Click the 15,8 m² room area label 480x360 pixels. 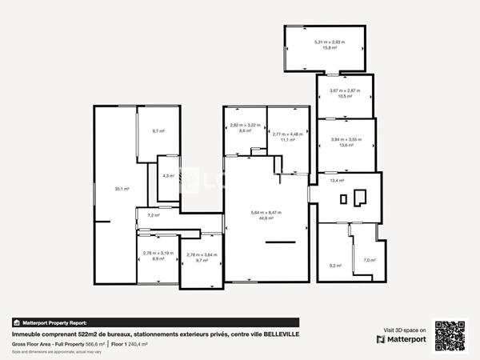click(x=325, y=48)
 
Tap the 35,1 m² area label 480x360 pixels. click(x=122, y=189)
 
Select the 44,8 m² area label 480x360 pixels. click(x=266, y=218)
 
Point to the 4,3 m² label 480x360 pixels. click(x=168, y=175)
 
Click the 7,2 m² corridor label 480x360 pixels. click(x=154, y=215)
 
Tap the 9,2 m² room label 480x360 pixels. click(x=335, y=266)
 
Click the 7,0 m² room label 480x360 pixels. click(x=369, y=260)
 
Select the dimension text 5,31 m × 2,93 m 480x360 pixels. click(x=325, y=42)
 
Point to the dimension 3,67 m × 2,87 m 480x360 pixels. click(x=346, y=90)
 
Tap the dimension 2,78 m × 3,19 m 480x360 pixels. click(x=158, y=254)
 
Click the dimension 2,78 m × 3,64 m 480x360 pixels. click(x=202, y=255)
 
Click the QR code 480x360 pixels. click(x=450, y=334)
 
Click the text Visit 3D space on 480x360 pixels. click(x=401, y=329)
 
